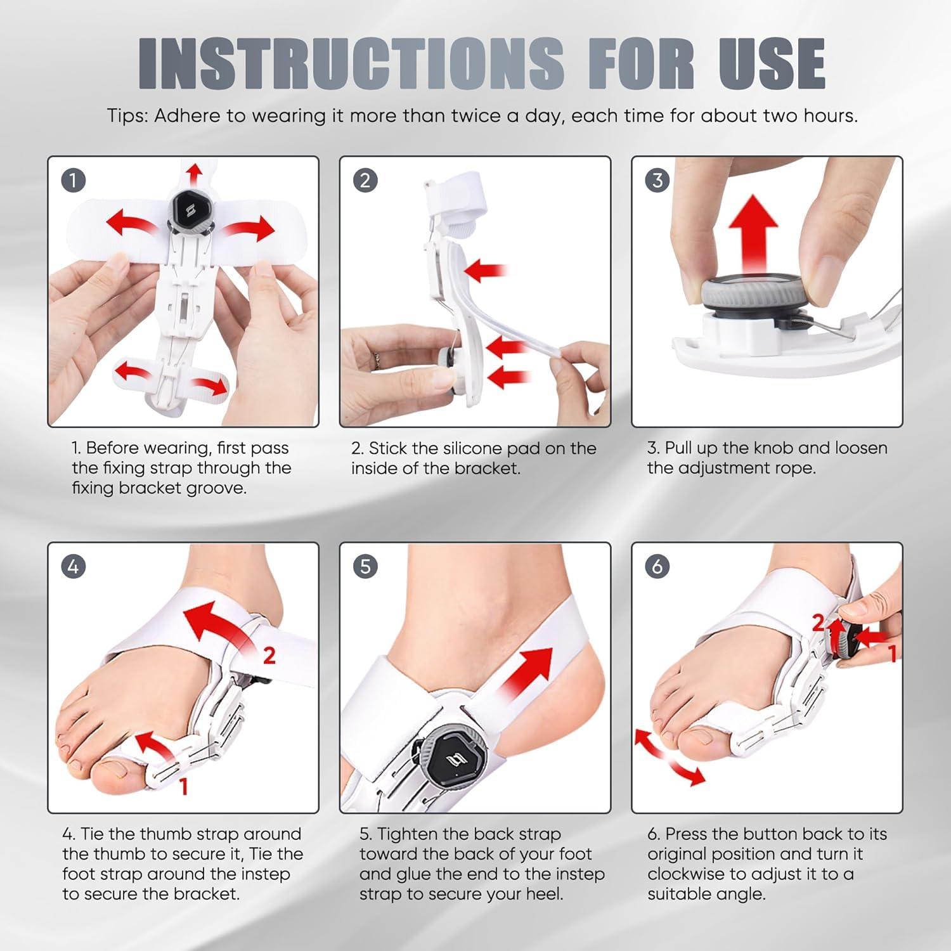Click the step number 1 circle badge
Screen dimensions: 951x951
coord(73,181)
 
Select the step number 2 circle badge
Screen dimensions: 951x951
coord(365,181)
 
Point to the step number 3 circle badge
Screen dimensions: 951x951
coord(657,181)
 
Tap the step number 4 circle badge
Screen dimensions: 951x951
coord(73,566)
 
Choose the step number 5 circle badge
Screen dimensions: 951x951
coord(365,566)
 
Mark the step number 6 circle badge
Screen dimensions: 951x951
coord(657,566)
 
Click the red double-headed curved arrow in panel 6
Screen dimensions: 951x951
coord(669,758)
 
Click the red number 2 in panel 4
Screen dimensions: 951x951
coord(269,656)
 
